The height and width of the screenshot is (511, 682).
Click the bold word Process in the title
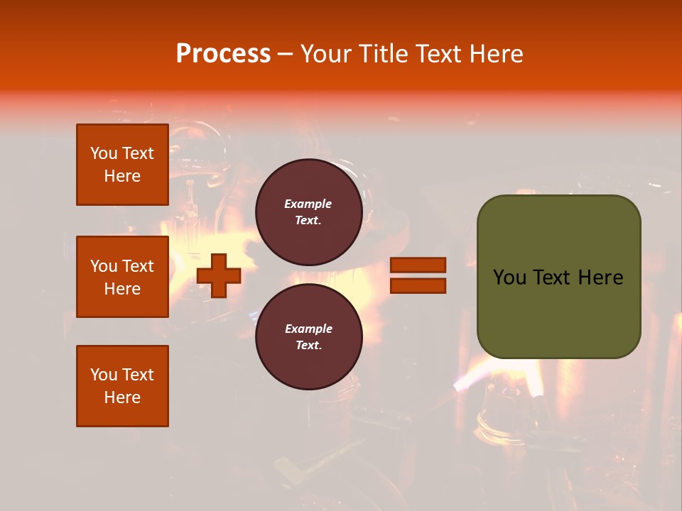point(223,54)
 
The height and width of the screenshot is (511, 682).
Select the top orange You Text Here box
point(122,165)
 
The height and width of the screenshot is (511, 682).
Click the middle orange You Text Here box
point(122,277)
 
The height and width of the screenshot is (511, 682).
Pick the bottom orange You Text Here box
point(122,386)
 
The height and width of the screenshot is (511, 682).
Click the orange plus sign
point(219,275)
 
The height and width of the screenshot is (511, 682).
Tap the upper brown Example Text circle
point(308,211)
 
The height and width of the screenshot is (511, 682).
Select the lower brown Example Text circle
point(308,336)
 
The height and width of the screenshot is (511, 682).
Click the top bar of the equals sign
point(418,265)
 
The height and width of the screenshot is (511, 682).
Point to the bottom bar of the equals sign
point(418,285)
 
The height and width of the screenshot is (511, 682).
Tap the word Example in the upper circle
point(308,204)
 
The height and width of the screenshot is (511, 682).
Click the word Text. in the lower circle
point(308,345)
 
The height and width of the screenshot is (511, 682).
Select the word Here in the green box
point(600,278)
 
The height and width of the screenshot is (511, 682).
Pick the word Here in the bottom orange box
point(122,397)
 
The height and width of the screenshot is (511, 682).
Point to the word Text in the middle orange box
point(138,266)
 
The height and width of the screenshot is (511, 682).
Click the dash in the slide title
point(285,54)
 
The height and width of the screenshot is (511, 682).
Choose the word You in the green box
point(509,278)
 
